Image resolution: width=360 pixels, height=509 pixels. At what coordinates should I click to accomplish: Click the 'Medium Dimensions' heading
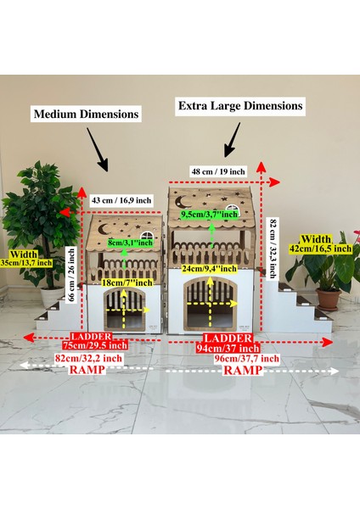coord(86,113)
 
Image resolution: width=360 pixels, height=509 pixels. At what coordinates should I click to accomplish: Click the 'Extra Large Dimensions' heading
coord(239,106)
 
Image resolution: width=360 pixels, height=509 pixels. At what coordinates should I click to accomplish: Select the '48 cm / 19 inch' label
coord(218,171)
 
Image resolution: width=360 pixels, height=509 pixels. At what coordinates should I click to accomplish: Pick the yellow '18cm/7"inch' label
coord(126,282)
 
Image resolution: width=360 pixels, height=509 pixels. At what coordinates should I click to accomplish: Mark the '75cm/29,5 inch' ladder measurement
coord(96,345)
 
